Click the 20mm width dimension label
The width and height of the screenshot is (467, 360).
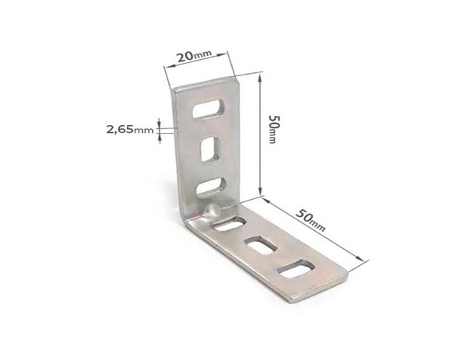(194, 56)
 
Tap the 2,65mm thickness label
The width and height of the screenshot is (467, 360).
(130, 130)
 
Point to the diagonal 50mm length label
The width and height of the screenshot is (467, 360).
(311, 220)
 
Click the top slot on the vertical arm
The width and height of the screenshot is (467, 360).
(208, 109)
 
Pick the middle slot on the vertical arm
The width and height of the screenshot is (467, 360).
(211, 149)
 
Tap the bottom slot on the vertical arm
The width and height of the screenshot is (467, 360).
(211, 187)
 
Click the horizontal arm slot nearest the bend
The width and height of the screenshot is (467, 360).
(230, 223)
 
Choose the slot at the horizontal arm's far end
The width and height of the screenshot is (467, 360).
(296, 269)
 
